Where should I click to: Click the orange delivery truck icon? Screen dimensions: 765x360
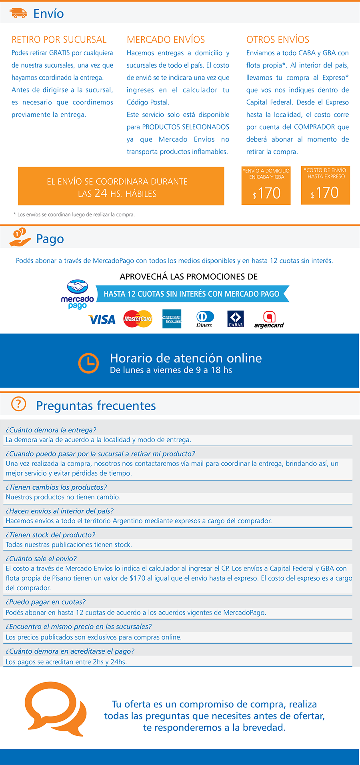click(18, 13)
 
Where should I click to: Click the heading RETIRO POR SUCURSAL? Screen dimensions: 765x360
click(59, 40)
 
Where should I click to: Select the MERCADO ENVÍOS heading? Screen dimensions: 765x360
click(166, 40)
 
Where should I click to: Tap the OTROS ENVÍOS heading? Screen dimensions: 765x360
click(278, 40)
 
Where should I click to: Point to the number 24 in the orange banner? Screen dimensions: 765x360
click(101, 193)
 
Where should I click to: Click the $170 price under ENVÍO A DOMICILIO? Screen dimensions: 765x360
click(266, 194)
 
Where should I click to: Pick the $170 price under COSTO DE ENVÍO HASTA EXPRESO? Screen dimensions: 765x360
click(325, 193)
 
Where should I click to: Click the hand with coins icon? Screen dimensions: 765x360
click(20, 237)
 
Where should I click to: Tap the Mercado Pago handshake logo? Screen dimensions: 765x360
click(77, 294)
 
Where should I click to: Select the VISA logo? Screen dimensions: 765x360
click(102, 319)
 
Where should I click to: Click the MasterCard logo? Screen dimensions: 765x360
click(138, 319)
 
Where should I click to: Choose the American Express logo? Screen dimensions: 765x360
click(172, 319)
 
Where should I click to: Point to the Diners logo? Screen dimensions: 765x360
click(205, 319)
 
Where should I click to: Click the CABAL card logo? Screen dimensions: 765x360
click(236, 319)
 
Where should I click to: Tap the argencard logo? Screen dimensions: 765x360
click(269, 319)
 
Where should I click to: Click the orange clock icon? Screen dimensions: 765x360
click(88, 363)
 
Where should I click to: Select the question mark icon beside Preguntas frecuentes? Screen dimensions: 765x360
click(18, 404)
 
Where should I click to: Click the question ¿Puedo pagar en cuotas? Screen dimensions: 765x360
click(46, 602)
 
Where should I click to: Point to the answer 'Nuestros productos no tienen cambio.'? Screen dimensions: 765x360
click(63, 497)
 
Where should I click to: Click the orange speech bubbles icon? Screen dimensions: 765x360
click(55, 708)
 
